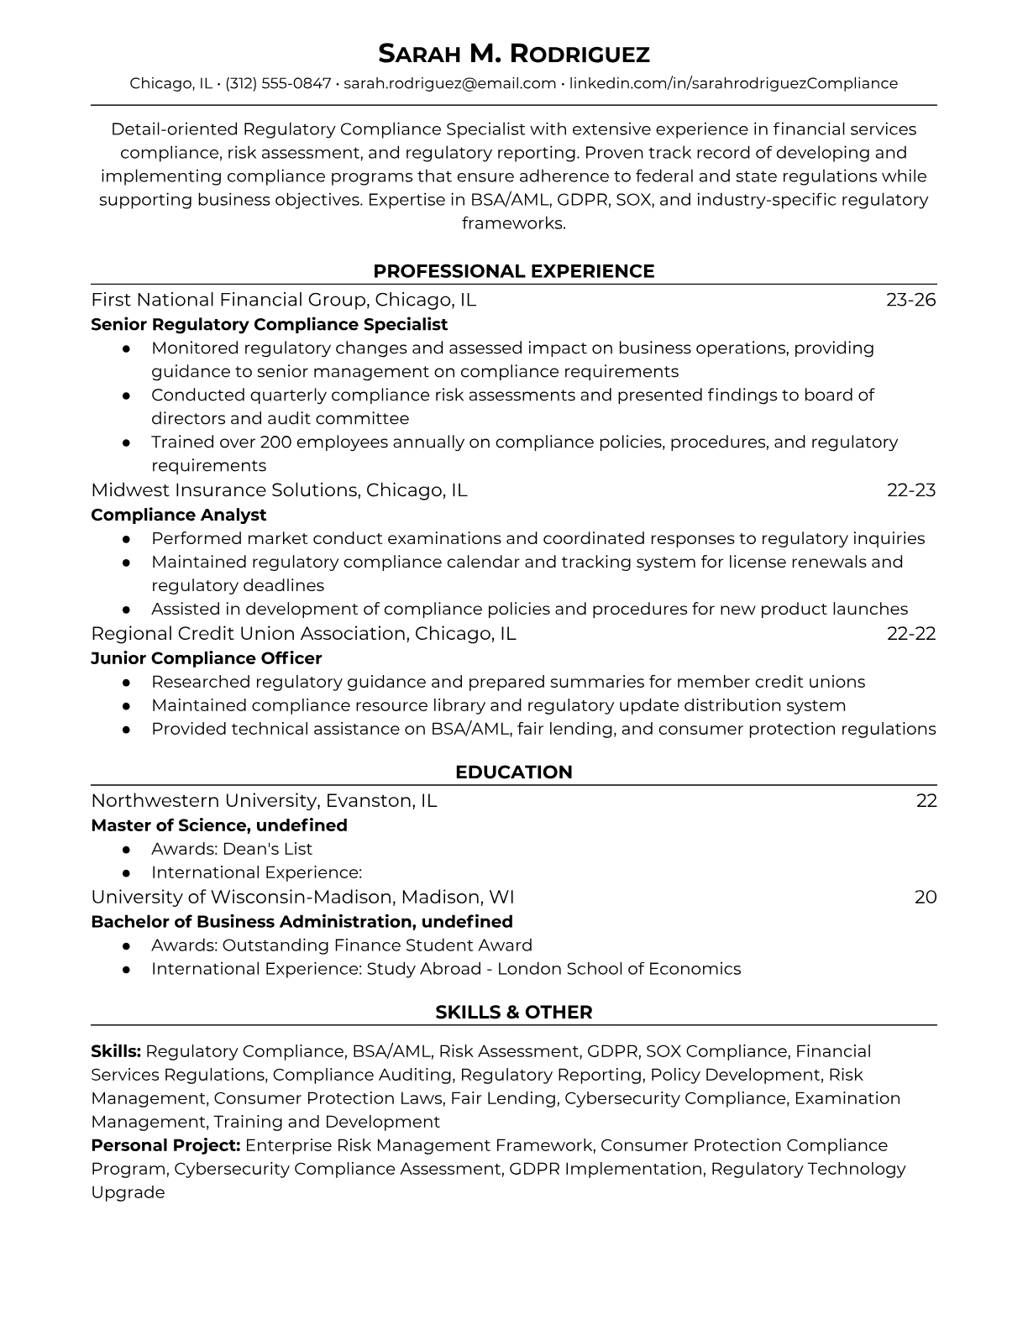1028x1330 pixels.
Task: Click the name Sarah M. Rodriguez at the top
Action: (x=513, y=54)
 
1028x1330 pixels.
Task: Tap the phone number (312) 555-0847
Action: (x=278, y=83)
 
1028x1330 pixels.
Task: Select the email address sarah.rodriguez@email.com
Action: (x=449, y=83)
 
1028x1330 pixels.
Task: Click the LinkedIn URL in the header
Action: (x=733, y=83)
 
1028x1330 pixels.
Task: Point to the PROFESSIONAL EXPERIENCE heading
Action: (x=513, y=271)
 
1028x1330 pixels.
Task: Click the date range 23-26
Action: (x=910, y=300)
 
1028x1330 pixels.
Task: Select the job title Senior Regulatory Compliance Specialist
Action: (x=269, y=324)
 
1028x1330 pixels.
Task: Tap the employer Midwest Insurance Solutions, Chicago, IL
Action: (x=279, y=490)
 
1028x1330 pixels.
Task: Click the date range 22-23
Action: (x=910, y=490)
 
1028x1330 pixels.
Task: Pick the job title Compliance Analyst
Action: (x=178, y=515)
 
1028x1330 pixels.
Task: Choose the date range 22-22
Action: (x=910, y=634)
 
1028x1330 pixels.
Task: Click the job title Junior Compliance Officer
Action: (x=206, y=658)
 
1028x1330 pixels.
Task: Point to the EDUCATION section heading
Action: (x=513, y=772)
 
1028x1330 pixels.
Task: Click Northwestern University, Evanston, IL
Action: (x=264, y=801)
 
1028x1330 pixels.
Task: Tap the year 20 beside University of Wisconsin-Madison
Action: (x=925, y=898)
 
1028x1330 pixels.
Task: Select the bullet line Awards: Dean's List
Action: (x=231, y=849)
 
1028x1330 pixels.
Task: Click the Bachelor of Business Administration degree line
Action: (x=302, y=922)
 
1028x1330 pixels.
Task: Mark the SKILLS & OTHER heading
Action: (x=513, y=1013)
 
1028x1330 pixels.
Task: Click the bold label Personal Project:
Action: (x=165, y=1145)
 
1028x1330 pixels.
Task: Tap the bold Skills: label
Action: (x=116, y=1051)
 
